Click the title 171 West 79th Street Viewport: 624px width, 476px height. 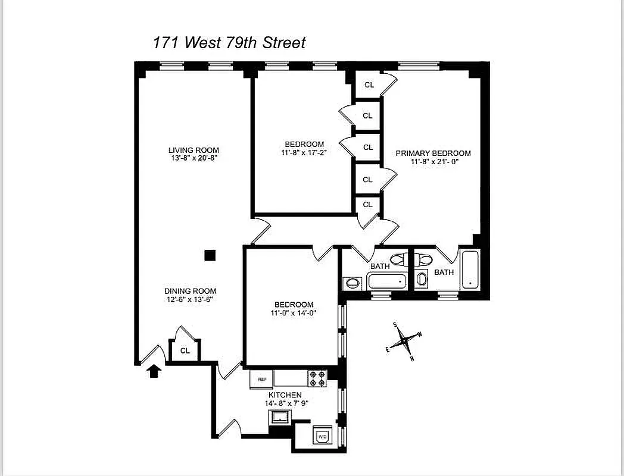[229, 43]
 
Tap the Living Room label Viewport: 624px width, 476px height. [194, 151]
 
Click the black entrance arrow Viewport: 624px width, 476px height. [154, 371]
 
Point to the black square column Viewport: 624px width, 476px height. [210, 255]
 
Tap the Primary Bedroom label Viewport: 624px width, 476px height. [433, 153]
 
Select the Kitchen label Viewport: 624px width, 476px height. [285, 395]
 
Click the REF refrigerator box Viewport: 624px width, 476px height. [261, 379]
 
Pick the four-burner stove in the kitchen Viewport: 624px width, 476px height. [317, 379]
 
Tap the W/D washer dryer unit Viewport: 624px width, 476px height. [323, 437]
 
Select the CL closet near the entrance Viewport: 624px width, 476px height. [185, 350]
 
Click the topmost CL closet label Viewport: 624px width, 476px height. [369, 85]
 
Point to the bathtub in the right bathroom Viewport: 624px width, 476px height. [470, 269]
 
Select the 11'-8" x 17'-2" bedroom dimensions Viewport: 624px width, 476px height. [304, 152]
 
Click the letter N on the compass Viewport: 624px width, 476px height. [412, 358]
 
